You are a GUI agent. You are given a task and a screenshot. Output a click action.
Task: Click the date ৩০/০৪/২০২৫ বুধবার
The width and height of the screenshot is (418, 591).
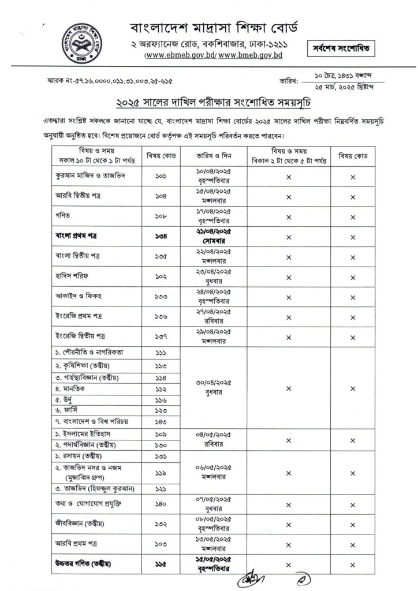point(210,387)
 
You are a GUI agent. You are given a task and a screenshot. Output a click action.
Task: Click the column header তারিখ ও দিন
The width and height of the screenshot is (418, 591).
point(210,156)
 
